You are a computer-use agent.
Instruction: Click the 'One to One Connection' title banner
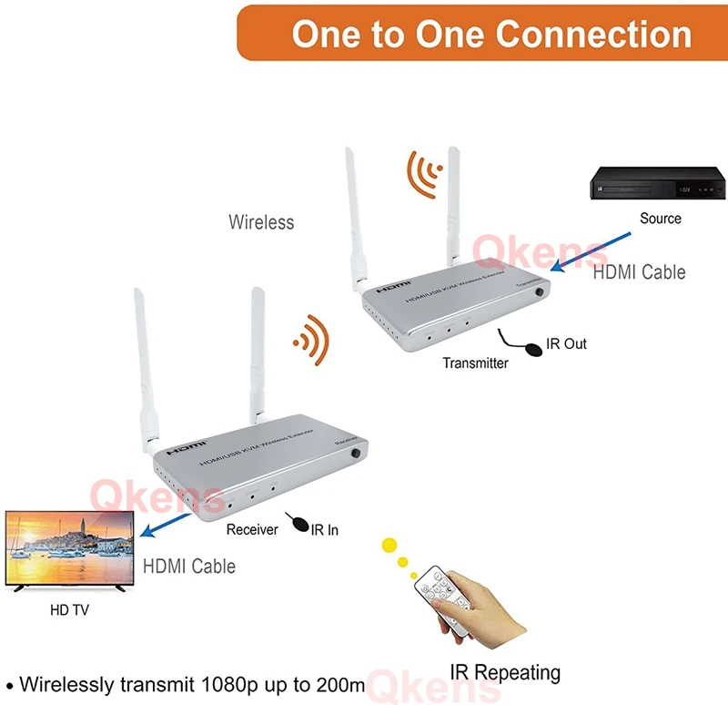491,34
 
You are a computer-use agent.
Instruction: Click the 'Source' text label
660,219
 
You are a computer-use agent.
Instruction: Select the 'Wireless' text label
261,221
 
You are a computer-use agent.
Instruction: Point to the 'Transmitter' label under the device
475,363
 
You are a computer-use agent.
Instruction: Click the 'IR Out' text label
566,343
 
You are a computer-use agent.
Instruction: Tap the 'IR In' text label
325,529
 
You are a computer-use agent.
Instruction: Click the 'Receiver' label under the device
252,529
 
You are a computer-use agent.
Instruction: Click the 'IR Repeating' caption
505,673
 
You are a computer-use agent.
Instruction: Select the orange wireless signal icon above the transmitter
424,173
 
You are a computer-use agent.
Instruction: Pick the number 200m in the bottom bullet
339,683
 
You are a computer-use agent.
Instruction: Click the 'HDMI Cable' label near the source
639,271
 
